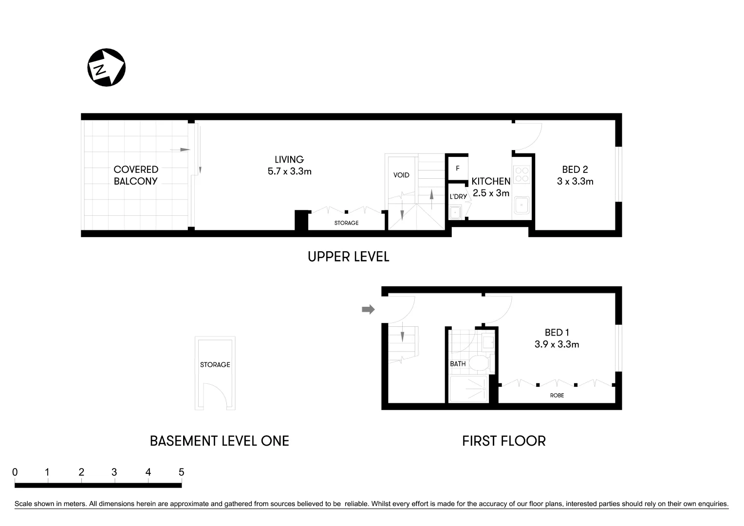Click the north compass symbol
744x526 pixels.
[106, 68]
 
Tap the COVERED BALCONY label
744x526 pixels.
[136, 175]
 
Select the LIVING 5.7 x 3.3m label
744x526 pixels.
[289, 165]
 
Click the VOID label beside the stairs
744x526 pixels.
[401, 175]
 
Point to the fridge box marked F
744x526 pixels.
[458, 169]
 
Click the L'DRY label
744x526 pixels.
[458, 197]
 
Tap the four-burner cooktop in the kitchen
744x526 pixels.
[522, 174]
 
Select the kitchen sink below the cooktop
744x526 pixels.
[522, 205]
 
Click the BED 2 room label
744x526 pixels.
[575, 175]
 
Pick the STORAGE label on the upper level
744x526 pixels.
[346, 223]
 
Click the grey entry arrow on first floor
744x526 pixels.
[368, 309]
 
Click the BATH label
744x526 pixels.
[458, 364]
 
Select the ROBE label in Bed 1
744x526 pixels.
[557, 395]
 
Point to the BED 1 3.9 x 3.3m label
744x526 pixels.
[557, 338]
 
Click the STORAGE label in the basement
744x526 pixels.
[215, 365]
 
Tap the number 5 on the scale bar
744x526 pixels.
[181, 472]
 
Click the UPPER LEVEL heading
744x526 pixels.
[348, 257]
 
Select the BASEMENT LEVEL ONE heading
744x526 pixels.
[219, 441]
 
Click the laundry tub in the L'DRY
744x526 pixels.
[455, 212]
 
